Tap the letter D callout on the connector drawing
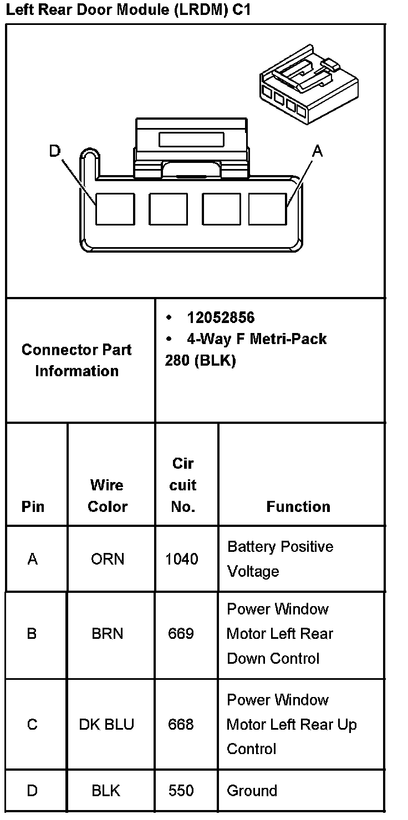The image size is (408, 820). pyautogui.click(x=54, y=151)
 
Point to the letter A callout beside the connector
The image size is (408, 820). pyautogui.click(x=317, y=151)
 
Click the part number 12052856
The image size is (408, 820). pyautogui.click(x=221, y=317)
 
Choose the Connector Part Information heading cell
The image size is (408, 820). pyautogui.click(x=76, y=360)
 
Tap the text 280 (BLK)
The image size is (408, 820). pyautogui.click(x=200, y=361)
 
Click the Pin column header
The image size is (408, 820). pyautogui.click(x=33, y=506)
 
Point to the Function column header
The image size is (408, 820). pyautogui.click(x=298, y=506)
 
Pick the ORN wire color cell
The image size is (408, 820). pyautogui.click(x=108, y=559)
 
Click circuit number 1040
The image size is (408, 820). pyautogui.click(x=181, y=559)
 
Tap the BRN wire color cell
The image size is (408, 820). pyautogui.click(x=107, y=633)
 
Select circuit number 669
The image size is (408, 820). pyautogui.click(x=181, y=633)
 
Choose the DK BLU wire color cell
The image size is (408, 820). pyautogui.click(x=106, y=724)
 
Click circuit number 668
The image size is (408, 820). pyautogui.click(x=181, y=724)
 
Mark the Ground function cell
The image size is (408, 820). pyautogui.click(x=252, y=791)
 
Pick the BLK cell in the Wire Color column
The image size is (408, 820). pyautogui.click(x=106, y=791)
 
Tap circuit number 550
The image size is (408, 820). pyautogui.click(x=181, y=791)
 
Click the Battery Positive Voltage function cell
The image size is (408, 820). pyautogui.click(x=280, y=558)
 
